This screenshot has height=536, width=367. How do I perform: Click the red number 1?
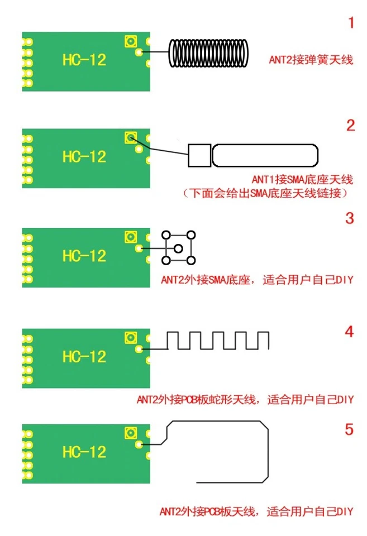[x=351, y=23]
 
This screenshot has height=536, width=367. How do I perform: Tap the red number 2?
[x=350, y=125]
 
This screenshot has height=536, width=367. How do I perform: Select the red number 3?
[x=350, y=218]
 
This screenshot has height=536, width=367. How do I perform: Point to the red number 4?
[x=349, y=332]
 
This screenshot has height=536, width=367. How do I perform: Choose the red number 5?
[x=349, y=429]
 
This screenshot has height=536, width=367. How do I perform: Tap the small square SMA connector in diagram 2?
[x=199, y=155]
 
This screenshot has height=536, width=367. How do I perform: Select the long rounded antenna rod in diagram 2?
[x=265, y=155]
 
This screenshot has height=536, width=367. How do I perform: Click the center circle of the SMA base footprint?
[x=178, y=247]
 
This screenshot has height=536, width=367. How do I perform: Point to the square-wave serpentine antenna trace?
[x=218, y=341]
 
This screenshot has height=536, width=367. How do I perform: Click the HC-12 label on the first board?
[x=84, y=60]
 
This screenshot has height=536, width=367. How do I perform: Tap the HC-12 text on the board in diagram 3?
[x=84, y=256]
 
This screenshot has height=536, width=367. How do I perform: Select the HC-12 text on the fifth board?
[x=84, y=452]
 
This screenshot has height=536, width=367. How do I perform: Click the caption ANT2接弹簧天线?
[x=311, y=60]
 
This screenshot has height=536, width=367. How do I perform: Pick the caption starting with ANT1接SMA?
[x=302, y=180]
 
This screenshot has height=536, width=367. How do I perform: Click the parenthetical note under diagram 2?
[x=268, y=194]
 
